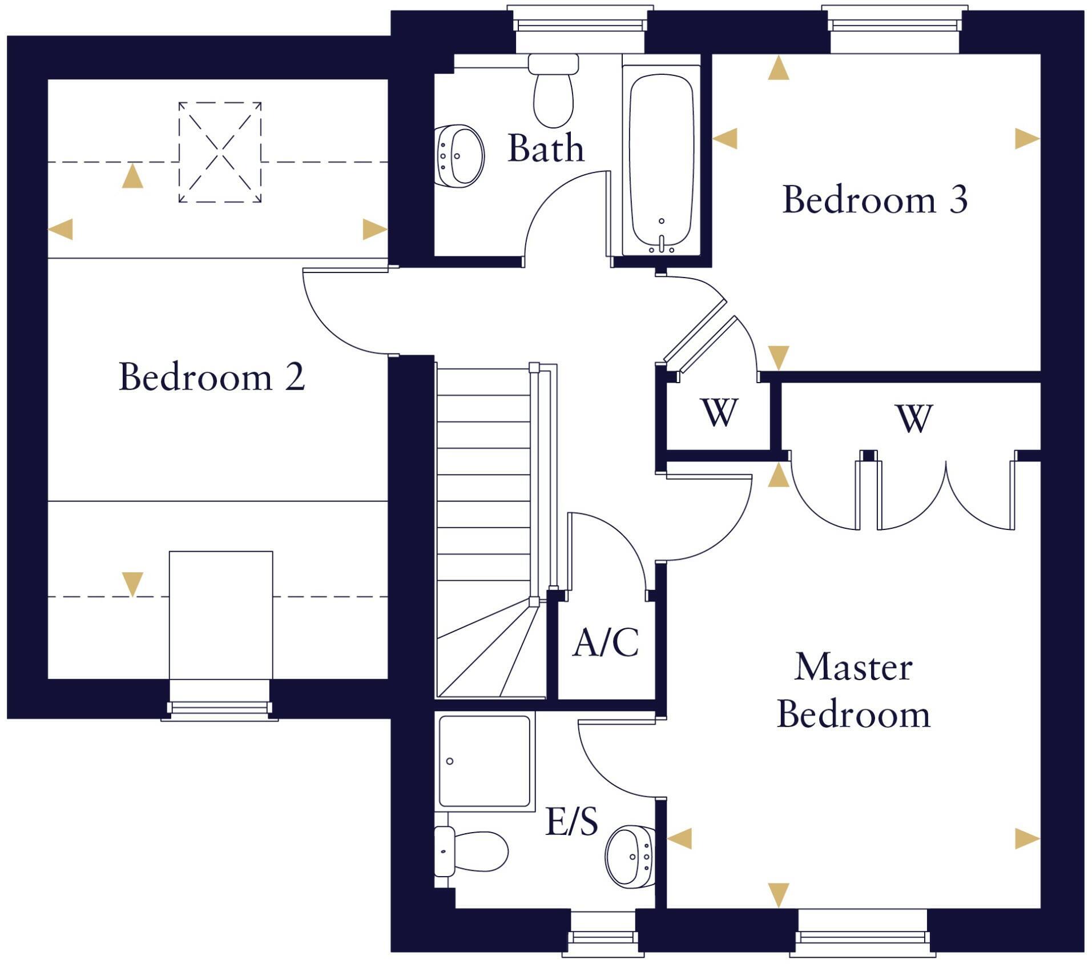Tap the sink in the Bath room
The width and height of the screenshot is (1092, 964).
coord(460,156)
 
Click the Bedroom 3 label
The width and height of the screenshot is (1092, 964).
coord(874,200)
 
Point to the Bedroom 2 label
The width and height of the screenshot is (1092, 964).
coord(212,377)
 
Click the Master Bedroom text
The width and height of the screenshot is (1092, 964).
coord(853,690)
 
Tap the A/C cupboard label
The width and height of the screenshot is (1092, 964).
coord(605,643)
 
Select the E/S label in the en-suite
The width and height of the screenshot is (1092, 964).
coord(571,822)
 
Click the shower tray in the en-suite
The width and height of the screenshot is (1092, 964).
coord(485,761)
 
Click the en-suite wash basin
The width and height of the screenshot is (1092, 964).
coord(630,857)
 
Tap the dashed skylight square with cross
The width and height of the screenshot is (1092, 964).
coord(220,152)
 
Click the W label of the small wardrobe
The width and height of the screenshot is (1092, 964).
coord(718,412)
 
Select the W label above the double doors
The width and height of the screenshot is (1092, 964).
coord(914,419)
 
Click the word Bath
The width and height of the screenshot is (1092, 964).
coord(546,148)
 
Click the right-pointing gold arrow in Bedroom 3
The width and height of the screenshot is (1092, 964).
coord(1027,139)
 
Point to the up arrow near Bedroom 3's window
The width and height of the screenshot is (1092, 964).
coord(778,69)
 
